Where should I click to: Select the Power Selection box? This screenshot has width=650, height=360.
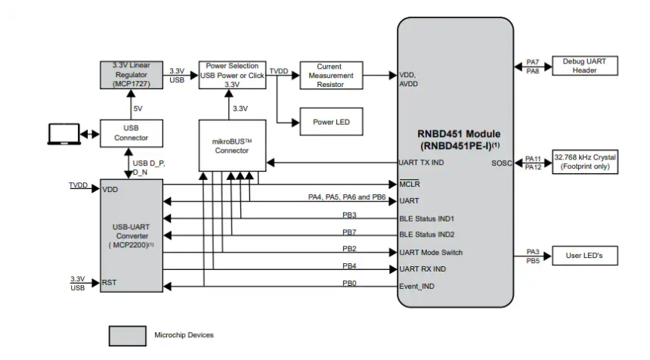pyautogui.click(x=232, y=75)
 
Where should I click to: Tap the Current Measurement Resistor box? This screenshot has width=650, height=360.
pyautogui.click(x=330, y=75)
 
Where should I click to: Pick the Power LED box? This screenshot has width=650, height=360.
pyautogui.click(x=330, y=122)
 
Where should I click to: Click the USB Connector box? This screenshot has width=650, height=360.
pyautogui.click(x=132, y=134)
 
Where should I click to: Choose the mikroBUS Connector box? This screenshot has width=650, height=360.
pyautogui.click(x=231, y=144)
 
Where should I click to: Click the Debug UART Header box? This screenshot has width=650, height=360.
pyautogui.click(x=585, y=66)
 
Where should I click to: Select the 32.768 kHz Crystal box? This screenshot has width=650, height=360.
pyautogui.click(x=585, y=161)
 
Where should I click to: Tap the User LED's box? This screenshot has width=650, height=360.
pyautogui.click(x=585, y=256)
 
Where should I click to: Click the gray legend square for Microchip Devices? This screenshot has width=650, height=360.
pyautogui.click(x=127, y=335)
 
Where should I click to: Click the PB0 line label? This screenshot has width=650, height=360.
pyautogui.click(x=349, y=284)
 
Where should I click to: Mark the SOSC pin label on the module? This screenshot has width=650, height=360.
pyautogui.click(x=501, y=163)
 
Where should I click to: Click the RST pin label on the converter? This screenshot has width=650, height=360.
pyautogui.click(x=109, y=283)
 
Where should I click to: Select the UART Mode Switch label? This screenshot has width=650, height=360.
pyautogui.click(x=431, y=253)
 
